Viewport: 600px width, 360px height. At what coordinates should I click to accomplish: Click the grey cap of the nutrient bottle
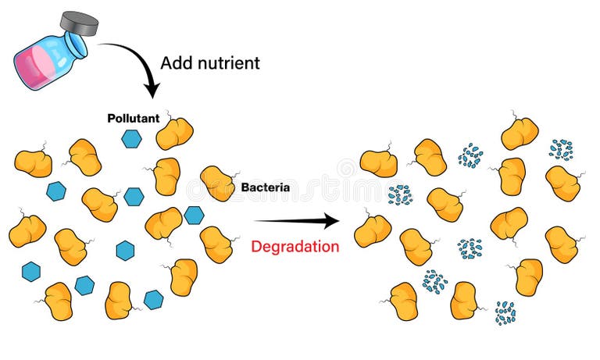(80, 24)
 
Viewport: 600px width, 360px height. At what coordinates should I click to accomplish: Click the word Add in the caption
(174, 62)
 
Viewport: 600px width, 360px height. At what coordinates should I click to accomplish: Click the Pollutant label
(132, 119)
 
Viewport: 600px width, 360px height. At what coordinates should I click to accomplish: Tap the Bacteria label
(266, 187)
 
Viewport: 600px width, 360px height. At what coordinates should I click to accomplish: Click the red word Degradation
(295, 247)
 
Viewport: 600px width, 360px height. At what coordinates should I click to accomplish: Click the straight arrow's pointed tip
(337, 221)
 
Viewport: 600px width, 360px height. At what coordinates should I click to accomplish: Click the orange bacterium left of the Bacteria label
(218, 184)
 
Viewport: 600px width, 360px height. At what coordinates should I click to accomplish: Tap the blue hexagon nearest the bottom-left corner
(31, 271)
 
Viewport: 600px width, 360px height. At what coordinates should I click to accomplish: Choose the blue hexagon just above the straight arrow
(194, 214)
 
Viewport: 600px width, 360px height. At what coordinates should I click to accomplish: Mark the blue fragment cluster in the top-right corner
(560, 148)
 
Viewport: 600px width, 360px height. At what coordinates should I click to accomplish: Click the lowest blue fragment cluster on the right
(505, 312)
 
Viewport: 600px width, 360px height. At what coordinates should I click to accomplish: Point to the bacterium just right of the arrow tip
(372, 231)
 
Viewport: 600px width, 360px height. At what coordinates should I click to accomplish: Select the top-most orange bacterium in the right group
(520, 134)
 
